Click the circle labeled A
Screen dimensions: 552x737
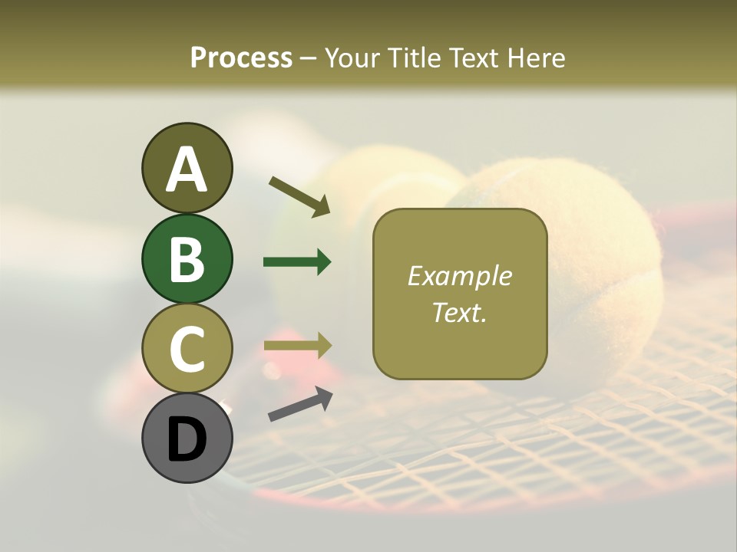[187, 168]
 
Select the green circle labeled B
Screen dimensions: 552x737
[187, 258]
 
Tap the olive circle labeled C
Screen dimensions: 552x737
[187, 348]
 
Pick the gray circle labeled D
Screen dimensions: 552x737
[187, 438]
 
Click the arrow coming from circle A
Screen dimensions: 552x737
[299, 195]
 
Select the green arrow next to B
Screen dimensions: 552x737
[297, 262]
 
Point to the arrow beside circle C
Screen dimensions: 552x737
[297, 346]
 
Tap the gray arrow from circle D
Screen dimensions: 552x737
[299, 404]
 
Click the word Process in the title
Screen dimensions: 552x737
[241, 58]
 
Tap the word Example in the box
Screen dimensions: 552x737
[459, 276]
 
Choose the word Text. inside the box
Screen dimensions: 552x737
[459, 312]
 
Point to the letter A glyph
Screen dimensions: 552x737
[187, 169]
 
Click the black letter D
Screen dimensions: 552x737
[187, 439]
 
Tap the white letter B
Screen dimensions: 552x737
[187, 259]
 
